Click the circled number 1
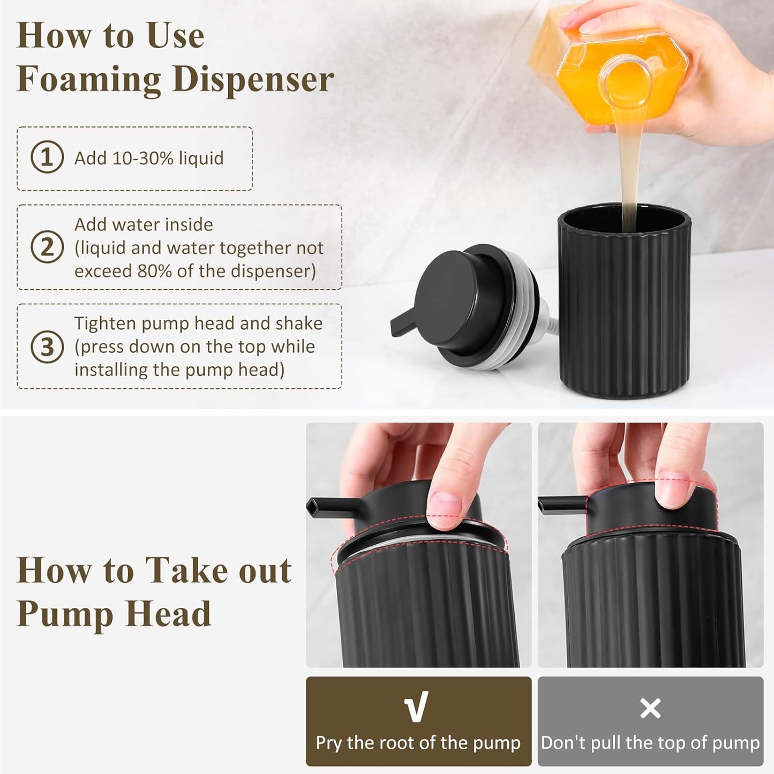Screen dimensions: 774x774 [x=47, y=157]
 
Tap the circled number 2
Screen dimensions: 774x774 [x=47, y=247]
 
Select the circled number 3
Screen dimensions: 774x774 [x=47, y=347]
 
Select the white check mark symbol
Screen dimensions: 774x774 [x=417, y=707]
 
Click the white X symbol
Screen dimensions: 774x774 [x=650, y=708]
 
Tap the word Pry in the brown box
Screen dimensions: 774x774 [x=328, y=743]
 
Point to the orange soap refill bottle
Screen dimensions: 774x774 [x=616, y=70]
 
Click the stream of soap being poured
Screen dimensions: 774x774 [x=628, y=171]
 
